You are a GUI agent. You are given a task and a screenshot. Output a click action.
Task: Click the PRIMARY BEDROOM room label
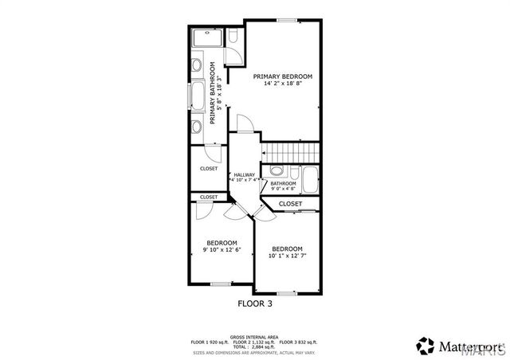[x=283, y=76]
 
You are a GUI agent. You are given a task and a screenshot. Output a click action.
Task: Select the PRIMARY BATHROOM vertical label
[x=214, y=93]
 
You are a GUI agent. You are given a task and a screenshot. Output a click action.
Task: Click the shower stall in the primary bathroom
[x=206, y=38]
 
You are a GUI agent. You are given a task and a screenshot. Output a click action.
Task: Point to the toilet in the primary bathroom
[x=232, y=37]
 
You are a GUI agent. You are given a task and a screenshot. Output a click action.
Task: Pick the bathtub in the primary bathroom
[x=197, y=96]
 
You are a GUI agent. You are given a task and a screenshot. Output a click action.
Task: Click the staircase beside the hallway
[x=290, y=151]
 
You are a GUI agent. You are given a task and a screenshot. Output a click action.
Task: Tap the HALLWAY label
[x=244, y=174]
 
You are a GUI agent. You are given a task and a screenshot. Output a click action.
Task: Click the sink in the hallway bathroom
[x=276, y=170]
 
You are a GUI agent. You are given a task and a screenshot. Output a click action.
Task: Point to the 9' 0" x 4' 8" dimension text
[x=283, y=190]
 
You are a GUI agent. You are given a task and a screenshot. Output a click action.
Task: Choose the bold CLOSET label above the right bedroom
[x=290, y=204]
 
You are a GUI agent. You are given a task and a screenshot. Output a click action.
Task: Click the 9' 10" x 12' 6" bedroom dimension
[x=222, y=250]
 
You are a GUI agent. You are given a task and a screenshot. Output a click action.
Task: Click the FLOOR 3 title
[x=255, y=303]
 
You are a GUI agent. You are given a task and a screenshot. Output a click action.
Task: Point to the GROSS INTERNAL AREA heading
[x=254, y=337]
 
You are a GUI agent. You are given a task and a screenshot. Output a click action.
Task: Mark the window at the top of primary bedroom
[x=287, y=19]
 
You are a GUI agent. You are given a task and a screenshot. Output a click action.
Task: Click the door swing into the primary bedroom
[x=247, y=124]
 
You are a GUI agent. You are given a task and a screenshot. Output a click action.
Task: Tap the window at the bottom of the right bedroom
[x=286, y=293]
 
